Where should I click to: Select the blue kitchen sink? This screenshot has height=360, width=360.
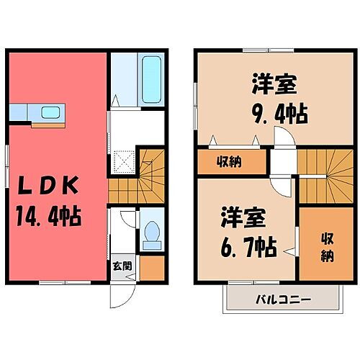coord(50,112)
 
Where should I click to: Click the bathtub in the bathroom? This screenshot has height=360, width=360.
coord(151,80)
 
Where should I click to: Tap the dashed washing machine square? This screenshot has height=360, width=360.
coord(127,160)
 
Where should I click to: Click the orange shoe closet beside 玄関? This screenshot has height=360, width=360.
coord(151,269)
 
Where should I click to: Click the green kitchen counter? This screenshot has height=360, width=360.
coord(32,113)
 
